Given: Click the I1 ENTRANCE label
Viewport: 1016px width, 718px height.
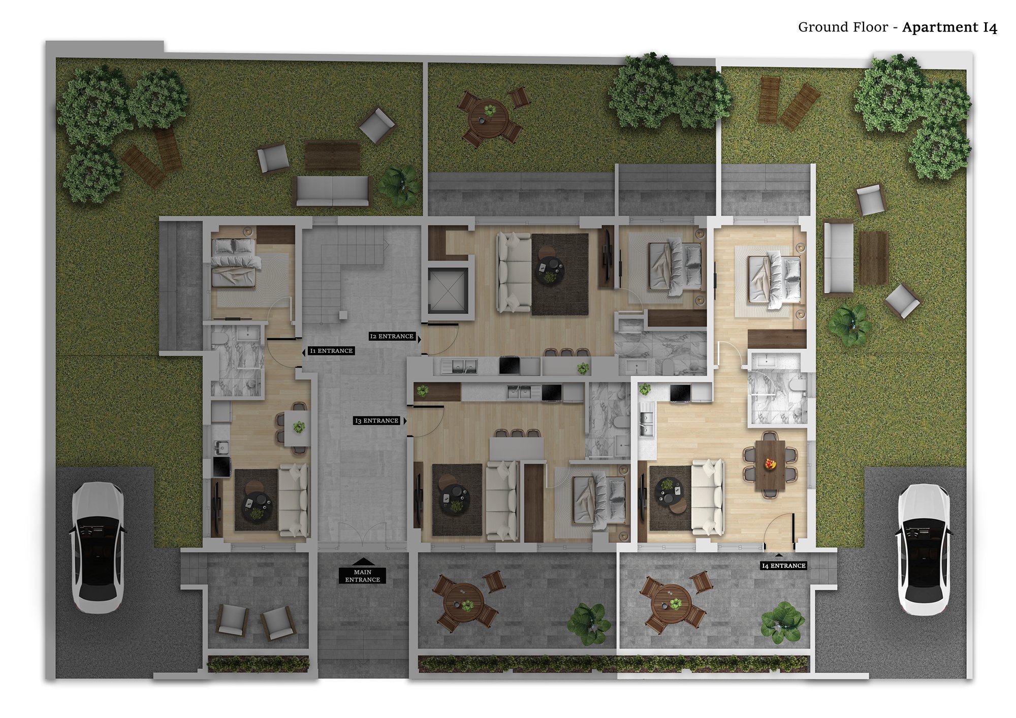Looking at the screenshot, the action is [331, 351].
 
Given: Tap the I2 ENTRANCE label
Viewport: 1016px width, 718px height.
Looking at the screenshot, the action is [392, 336].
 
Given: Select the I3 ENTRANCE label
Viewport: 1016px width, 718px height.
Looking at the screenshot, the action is [376, 421].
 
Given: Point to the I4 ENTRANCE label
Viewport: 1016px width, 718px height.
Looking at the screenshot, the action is [783, 566].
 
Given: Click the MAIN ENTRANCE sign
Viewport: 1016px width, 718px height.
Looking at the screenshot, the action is [363, 575].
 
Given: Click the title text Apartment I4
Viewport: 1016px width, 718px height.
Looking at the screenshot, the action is [949, 27].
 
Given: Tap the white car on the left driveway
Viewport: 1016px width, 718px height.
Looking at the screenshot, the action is [97, 547].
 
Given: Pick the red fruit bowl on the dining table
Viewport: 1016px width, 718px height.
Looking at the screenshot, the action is [770, 463].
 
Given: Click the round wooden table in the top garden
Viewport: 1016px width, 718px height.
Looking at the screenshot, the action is [488, 118].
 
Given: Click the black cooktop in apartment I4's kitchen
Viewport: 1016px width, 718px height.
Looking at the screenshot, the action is [679, 393].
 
